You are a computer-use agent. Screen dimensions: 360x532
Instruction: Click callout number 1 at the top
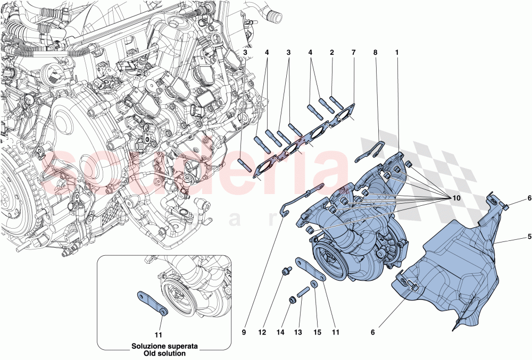pyautogui.click(x=396, y=53)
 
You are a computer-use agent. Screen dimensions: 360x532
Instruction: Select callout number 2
pyautogui.click(x=331, y=53)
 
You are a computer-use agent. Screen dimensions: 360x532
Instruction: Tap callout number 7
pyautogui.click(x=353, y=53)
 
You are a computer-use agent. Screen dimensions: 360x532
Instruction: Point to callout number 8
pyautogui.click(x=375, y=53)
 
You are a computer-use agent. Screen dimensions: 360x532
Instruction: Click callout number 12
pyautogui.click(x=262, y=332)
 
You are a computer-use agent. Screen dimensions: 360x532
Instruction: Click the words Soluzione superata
pyautogui.click(x=165, y=346)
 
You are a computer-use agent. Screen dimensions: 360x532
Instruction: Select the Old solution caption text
pyautogui.click(x=165, y=353)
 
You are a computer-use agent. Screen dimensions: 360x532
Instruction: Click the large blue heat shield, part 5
pyautogui.click(x=452, y=266)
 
